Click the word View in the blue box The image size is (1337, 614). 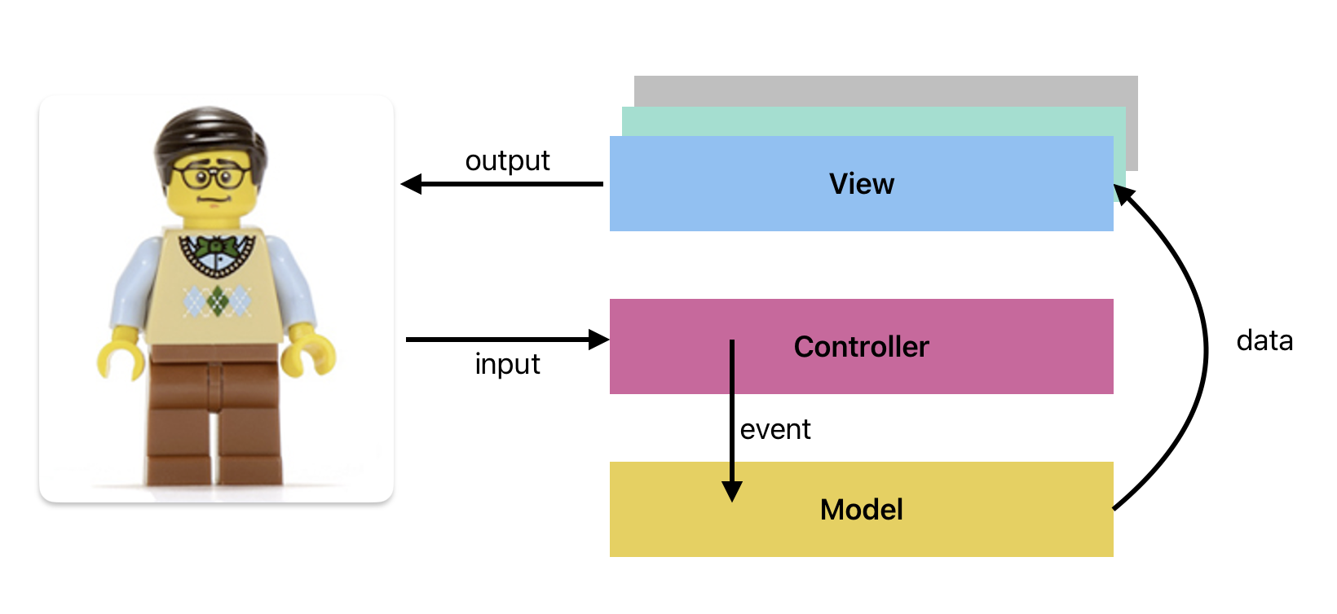coord(861,184)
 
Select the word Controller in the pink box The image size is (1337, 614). coord(861,347)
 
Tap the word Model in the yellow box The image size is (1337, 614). coord(861,510)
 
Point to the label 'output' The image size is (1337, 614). coord(507,161)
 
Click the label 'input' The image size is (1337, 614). coord(507,364)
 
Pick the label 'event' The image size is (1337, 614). coord(774,429)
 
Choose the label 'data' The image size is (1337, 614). coord(1264,340)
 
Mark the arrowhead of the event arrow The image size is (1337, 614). coord(732,490)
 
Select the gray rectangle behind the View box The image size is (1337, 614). coord(885,90)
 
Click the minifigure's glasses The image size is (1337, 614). coord(210,176)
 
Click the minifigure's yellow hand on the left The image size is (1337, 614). coord(120,359)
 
